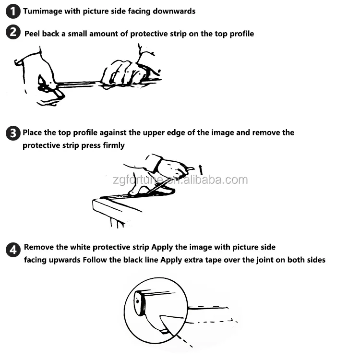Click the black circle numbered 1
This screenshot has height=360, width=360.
click(13, 11)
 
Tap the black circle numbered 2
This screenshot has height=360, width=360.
click(13, 32)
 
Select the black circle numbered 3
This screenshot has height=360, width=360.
click(13, 133)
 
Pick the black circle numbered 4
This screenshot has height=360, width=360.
click(13, 250)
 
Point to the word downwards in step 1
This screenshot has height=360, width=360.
click(174, 11)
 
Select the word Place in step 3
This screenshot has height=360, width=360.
click(32, 132)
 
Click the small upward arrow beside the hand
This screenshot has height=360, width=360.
click(201, 169)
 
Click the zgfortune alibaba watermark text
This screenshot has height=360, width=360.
click(180, 180)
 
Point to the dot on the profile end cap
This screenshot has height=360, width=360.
click(137, 301)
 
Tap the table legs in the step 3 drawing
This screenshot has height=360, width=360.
click(117, 222)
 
